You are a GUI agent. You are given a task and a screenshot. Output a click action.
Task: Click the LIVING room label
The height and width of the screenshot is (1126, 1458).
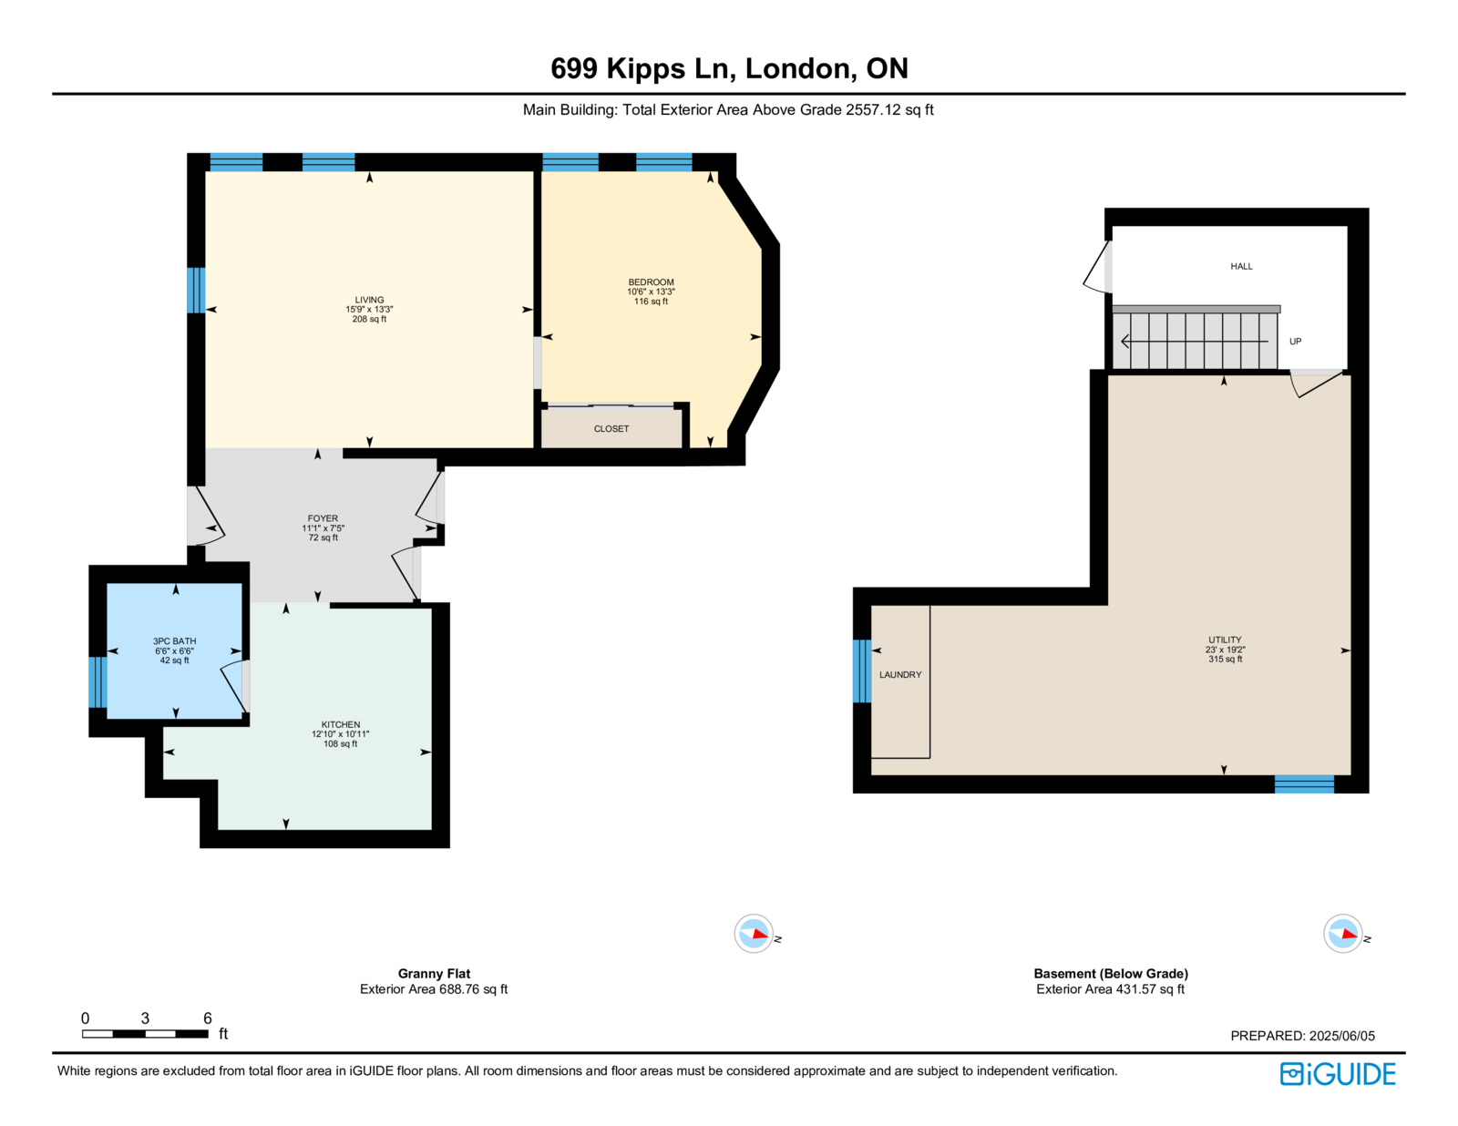(369, 300)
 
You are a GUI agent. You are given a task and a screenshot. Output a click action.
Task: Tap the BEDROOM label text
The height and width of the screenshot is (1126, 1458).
(651, 282)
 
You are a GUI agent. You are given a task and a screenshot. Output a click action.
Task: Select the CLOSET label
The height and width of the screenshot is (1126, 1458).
(611, 428)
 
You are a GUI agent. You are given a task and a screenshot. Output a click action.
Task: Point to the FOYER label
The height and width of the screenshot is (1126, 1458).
(323, 518)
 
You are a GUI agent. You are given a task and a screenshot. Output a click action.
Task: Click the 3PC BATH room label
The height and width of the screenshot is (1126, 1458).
(174, 641)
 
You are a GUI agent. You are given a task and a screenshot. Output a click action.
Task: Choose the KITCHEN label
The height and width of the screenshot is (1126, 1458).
(340, 724)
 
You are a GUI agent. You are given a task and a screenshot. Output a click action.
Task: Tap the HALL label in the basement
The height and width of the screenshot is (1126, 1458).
(1241, 266)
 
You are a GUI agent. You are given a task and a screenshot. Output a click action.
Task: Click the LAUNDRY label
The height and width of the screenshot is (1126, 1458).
(900, 675)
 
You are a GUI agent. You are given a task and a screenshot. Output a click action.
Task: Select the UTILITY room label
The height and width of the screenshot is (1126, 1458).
(1226, 640)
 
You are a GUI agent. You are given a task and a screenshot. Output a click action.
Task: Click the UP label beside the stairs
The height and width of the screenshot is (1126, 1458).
(1295, 342)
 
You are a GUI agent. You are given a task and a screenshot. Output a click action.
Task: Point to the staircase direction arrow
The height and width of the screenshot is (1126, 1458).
(1195, 342)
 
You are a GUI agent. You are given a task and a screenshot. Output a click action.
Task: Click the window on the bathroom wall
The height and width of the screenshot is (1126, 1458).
(98, 682)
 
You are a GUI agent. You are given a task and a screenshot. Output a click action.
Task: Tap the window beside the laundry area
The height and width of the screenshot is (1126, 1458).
(862, 671)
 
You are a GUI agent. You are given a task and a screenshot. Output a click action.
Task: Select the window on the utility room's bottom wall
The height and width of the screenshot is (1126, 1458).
(1304, 784)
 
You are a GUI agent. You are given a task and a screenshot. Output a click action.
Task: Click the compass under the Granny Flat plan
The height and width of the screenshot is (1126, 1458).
(754, 933)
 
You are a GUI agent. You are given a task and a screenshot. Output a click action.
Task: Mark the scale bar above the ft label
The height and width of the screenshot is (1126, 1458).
(145, 1034)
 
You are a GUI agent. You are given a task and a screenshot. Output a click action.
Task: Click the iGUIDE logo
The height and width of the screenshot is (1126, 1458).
(1337, 1074)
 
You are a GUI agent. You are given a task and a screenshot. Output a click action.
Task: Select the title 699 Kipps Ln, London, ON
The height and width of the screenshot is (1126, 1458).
(729, 68)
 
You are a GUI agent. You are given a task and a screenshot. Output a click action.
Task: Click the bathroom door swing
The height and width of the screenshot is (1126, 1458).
(233, 688)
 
